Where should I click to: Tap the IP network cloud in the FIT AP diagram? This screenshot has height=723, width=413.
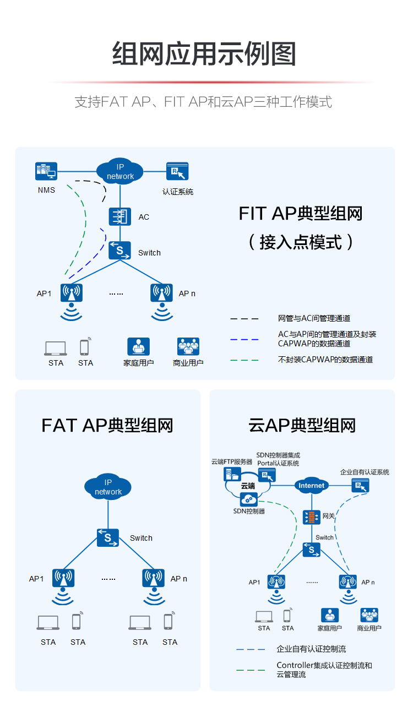click(120, 171)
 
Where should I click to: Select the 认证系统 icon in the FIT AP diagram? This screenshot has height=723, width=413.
click(177, 171)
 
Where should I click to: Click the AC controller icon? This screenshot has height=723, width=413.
click(119, 217)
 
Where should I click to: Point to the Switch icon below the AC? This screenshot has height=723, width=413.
click(119, 251)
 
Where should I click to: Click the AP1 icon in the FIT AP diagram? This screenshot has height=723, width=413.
click(72, 293)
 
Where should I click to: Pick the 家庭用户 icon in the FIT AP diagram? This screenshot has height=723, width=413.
click(138, 347)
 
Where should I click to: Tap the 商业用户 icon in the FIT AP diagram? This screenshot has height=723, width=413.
click(188, 347)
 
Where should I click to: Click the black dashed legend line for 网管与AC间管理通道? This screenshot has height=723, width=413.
click(244, 319)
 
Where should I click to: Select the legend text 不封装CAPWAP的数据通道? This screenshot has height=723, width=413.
click(325, 360)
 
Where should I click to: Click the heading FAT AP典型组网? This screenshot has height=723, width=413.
click(107, 425)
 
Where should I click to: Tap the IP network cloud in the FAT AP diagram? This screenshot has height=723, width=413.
click(108, 487)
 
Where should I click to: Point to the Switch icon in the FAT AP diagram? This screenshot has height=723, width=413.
click(108, 537)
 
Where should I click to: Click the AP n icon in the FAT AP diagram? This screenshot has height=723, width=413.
click(154, 578)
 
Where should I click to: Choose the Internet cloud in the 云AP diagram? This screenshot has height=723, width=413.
click(311, 486)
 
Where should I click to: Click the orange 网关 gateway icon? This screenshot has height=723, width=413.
click(311, 517)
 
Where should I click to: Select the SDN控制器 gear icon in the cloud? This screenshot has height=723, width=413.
click(249, 499)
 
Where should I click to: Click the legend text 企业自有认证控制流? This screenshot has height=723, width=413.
click(311, 649)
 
